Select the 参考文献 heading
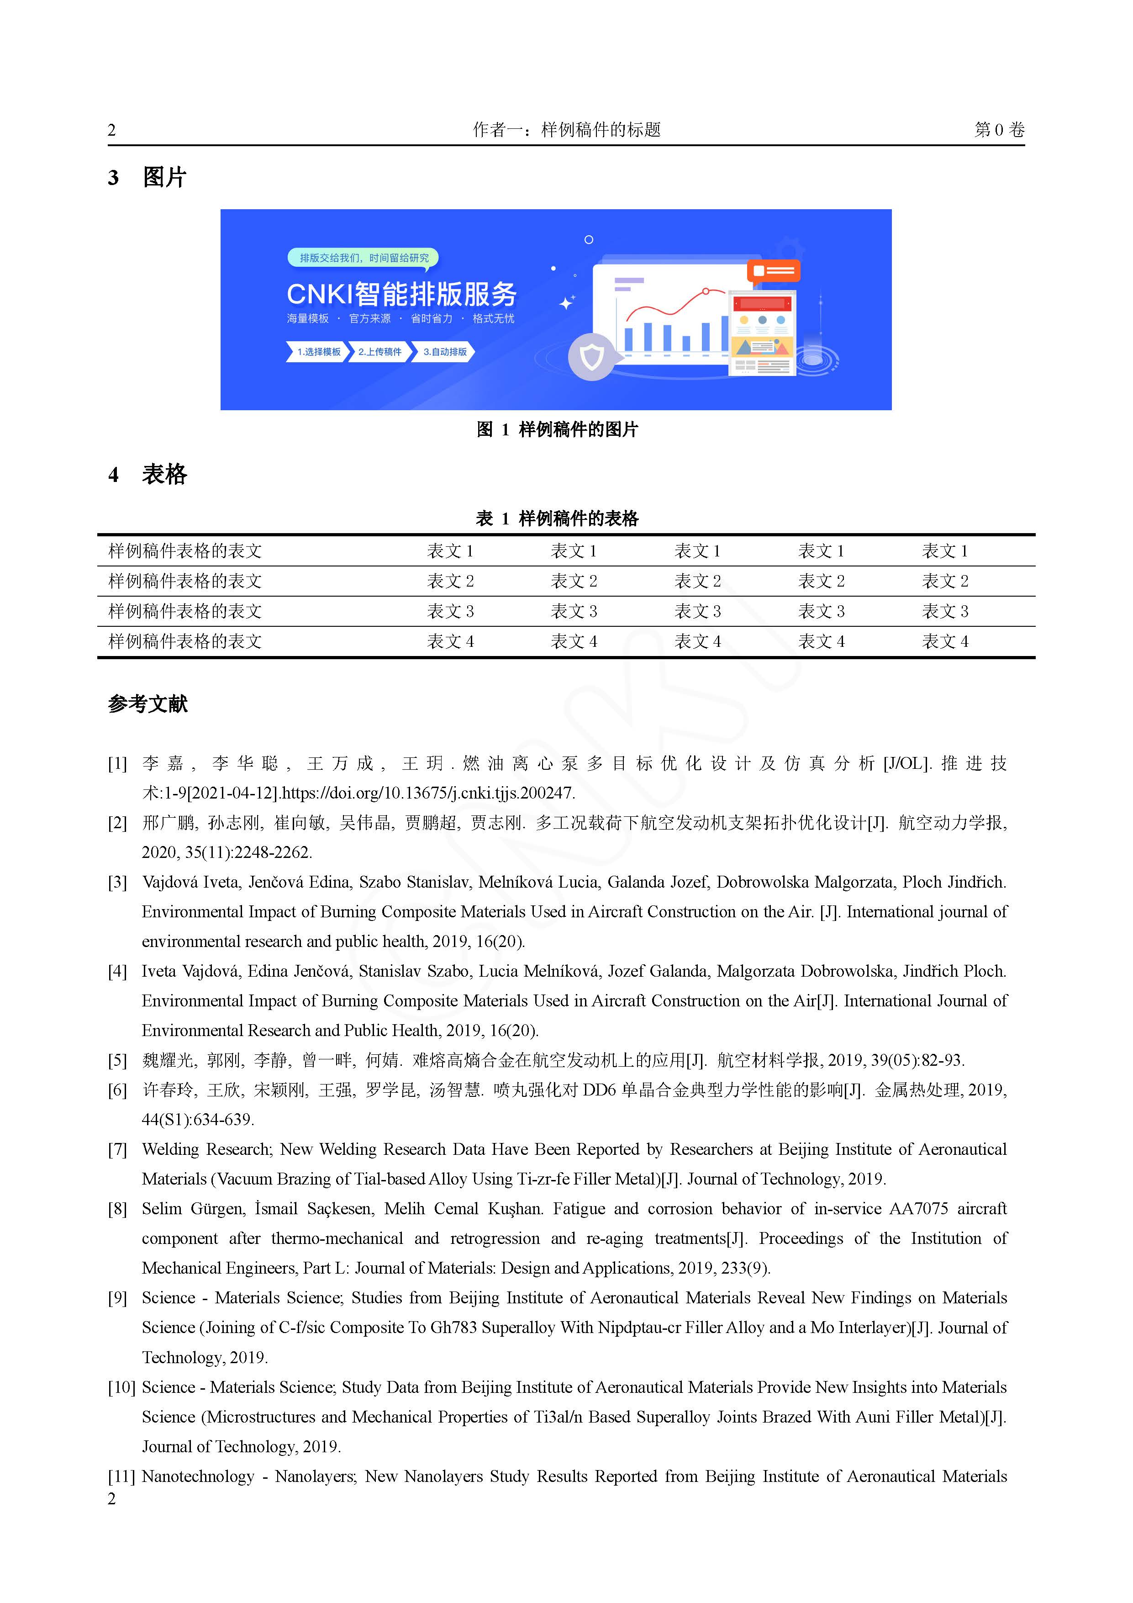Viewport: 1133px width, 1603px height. coord(148,704)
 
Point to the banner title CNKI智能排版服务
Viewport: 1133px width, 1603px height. coord(401,294)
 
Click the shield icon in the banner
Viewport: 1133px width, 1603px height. coord(592,357)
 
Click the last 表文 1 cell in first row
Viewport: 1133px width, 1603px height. coord(944,551)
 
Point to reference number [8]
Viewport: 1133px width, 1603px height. coord(117,1209)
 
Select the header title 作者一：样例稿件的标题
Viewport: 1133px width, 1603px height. coord(566,130)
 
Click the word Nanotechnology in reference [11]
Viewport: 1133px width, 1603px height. coord(198,1476)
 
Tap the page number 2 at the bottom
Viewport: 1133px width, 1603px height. coord(112,1498)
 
